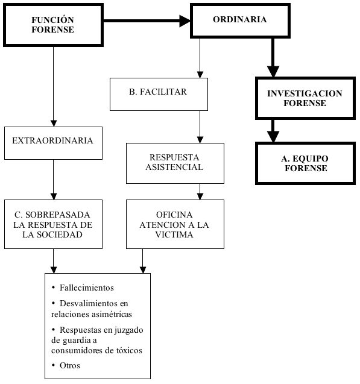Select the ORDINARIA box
click(x=240, y=20)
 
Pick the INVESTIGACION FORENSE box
click(x=305, y=98)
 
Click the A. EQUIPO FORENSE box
click(x=305, y=163)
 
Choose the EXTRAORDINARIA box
click(x=53, y=143)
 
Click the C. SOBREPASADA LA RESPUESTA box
click(x=53, y=224)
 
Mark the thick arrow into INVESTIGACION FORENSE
click(x=273, y=57)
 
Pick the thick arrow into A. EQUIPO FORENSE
click(x=273, y=130)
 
